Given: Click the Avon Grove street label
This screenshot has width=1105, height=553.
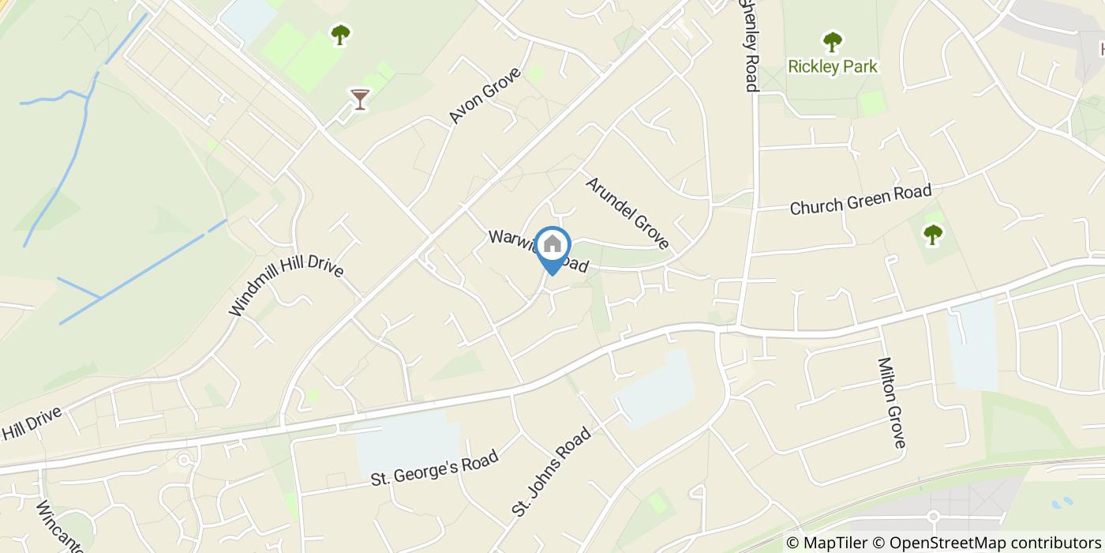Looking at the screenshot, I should point(485,96).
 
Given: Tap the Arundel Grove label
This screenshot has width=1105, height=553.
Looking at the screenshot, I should point(627,213).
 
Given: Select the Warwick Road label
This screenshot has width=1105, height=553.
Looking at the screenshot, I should point(538,251).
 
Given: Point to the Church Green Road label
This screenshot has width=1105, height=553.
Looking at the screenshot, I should point(860,199).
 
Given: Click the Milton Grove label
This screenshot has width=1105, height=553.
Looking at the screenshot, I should point(890,403).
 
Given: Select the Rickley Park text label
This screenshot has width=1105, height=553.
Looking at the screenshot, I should point(833,66).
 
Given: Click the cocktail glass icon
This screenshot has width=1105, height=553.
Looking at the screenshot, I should point(359,99).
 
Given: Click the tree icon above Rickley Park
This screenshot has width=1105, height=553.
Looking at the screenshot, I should point(832,40).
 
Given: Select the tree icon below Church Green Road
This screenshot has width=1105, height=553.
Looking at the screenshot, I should point(933,234).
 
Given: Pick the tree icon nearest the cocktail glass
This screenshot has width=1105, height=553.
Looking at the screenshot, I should point(340,35).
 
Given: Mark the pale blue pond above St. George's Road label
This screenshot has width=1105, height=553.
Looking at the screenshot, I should point(406,443).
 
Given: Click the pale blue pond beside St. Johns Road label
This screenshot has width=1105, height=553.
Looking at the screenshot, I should point(655,389).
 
